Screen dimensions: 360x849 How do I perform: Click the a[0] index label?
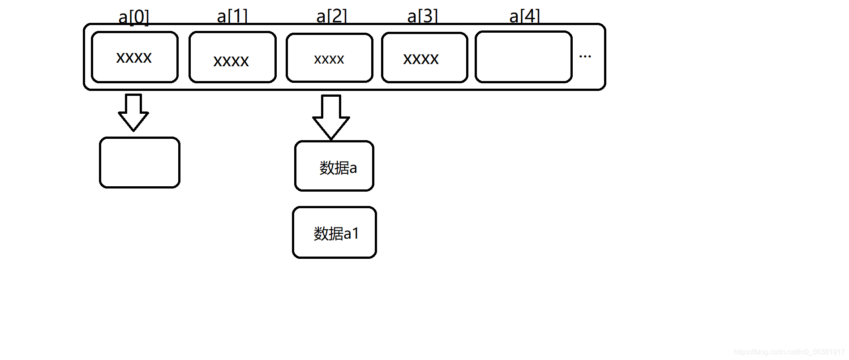[133, 17]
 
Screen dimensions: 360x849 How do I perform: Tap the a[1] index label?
[232, 16]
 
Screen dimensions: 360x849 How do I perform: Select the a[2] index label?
[331, 16]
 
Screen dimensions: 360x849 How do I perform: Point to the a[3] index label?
[422, 16]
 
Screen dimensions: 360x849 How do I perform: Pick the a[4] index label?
[524, 16]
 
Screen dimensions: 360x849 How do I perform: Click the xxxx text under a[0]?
[134, 57]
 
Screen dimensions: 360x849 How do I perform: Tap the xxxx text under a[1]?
[231, 61]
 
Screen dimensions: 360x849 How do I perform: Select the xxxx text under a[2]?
[329, 59]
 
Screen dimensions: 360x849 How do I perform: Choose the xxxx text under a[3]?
[421, 59]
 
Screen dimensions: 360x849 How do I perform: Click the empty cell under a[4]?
[523, 57]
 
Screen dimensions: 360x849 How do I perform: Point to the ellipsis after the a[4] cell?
[585, 56]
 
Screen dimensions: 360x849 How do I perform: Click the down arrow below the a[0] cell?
[133, 112]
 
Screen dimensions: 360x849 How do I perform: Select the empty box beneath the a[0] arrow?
[140, 163]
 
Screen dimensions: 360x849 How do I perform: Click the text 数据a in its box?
[338, 168]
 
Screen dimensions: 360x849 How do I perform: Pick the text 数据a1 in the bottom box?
[336, 233]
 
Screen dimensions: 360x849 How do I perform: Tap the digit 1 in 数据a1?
[356, 233]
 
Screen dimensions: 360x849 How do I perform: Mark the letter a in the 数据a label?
[353, 168]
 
